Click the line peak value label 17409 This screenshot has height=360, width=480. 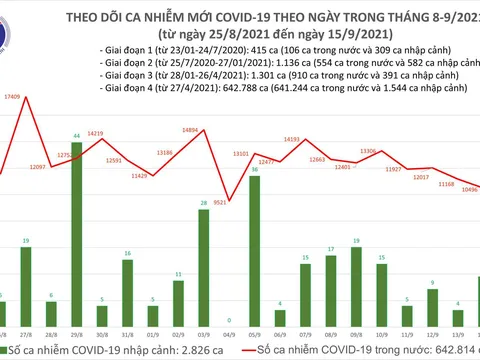[x=13, y=96]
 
